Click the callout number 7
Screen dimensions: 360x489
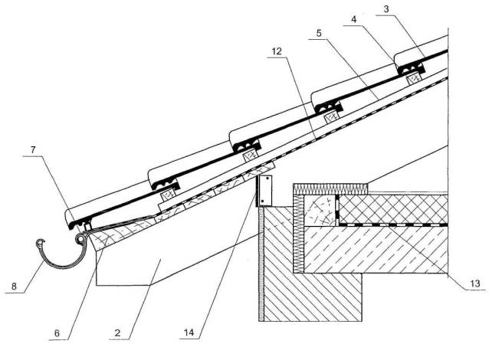pos(28,159)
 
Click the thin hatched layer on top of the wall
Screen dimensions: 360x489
pos(330,188)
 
